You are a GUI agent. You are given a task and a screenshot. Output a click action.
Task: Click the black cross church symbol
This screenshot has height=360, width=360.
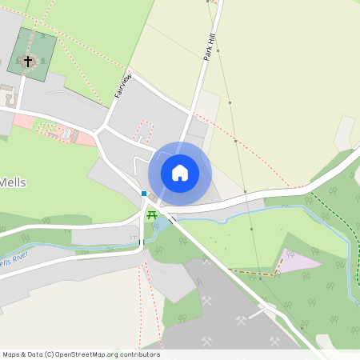tap(28, 60)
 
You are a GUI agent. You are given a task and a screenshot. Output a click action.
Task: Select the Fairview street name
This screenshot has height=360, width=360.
tap(122, 86)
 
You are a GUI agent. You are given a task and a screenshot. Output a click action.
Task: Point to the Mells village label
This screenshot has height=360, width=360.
tap(12, 182)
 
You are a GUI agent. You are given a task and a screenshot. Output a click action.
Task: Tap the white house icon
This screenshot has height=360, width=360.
tap(180, 172)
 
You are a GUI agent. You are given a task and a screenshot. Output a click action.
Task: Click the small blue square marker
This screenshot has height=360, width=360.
tap(144, 193)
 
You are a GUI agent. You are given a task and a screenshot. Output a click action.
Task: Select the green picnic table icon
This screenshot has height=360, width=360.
tap(152, 214)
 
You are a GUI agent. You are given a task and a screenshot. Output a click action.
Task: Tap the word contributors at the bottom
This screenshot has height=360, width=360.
tap(139, 354)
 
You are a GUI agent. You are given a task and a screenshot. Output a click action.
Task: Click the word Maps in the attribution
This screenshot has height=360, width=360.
tap(11, 354)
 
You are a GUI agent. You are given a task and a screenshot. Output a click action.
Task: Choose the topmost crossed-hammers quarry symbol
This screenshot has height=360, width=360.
tap(206, 260)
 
